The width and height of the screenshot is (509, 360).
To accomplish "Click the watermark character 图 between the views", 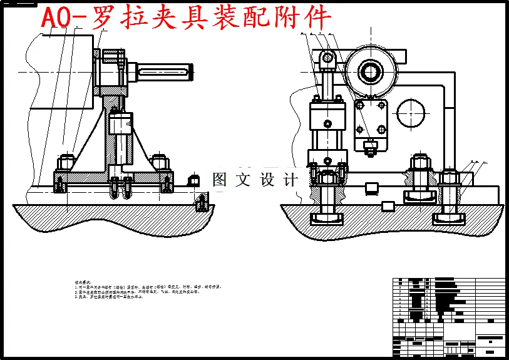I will (220, 180).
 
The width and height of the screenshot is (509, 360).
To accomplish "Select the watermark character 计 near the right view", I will (291, 180).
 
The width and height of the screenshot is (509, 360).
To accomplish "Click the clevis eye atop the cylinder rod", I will (327, 59).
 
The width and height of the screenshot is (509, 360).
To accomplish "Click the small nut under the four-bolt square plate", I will (371, 148).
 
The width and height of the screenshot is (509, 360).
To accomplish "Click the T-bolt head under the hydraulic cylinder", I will (327, 219).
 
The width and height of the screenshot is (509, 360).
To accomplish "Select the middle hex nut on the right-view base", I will (418, 165).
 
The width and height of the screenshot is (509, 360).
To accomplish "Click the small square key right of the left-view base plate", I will (193, 180).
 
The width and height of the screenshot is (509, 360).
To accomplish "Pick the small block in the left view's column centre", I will (121, 123).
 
